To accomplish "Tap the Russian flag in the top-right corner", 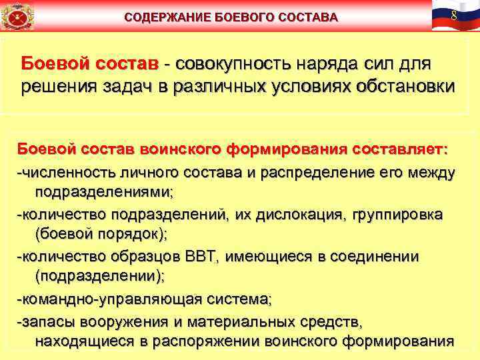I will click(x=454, y=15).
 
